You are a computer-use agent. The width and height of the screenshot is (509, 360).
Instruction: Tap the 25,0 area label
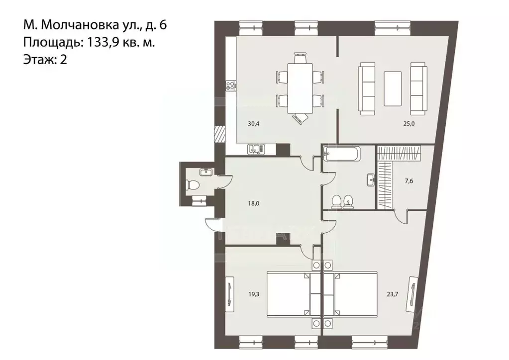tap(409, 124)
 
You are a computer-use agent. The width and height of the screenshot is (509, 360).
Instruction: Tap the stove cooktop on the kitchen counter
tap(230, 86)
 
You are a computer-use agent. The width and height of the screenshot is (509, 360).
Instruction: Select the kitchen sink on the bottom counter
tap(256, 148)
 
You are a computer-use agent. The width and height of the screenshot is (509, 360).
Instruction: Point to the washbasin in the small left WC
tap(205, 172)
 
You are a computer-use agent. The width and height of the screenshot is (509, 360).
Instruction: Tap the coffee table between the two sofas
tap(393, 88)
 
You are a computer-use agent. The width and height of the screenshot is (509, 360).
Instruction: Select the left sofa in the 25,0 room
tap(367, 88)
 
